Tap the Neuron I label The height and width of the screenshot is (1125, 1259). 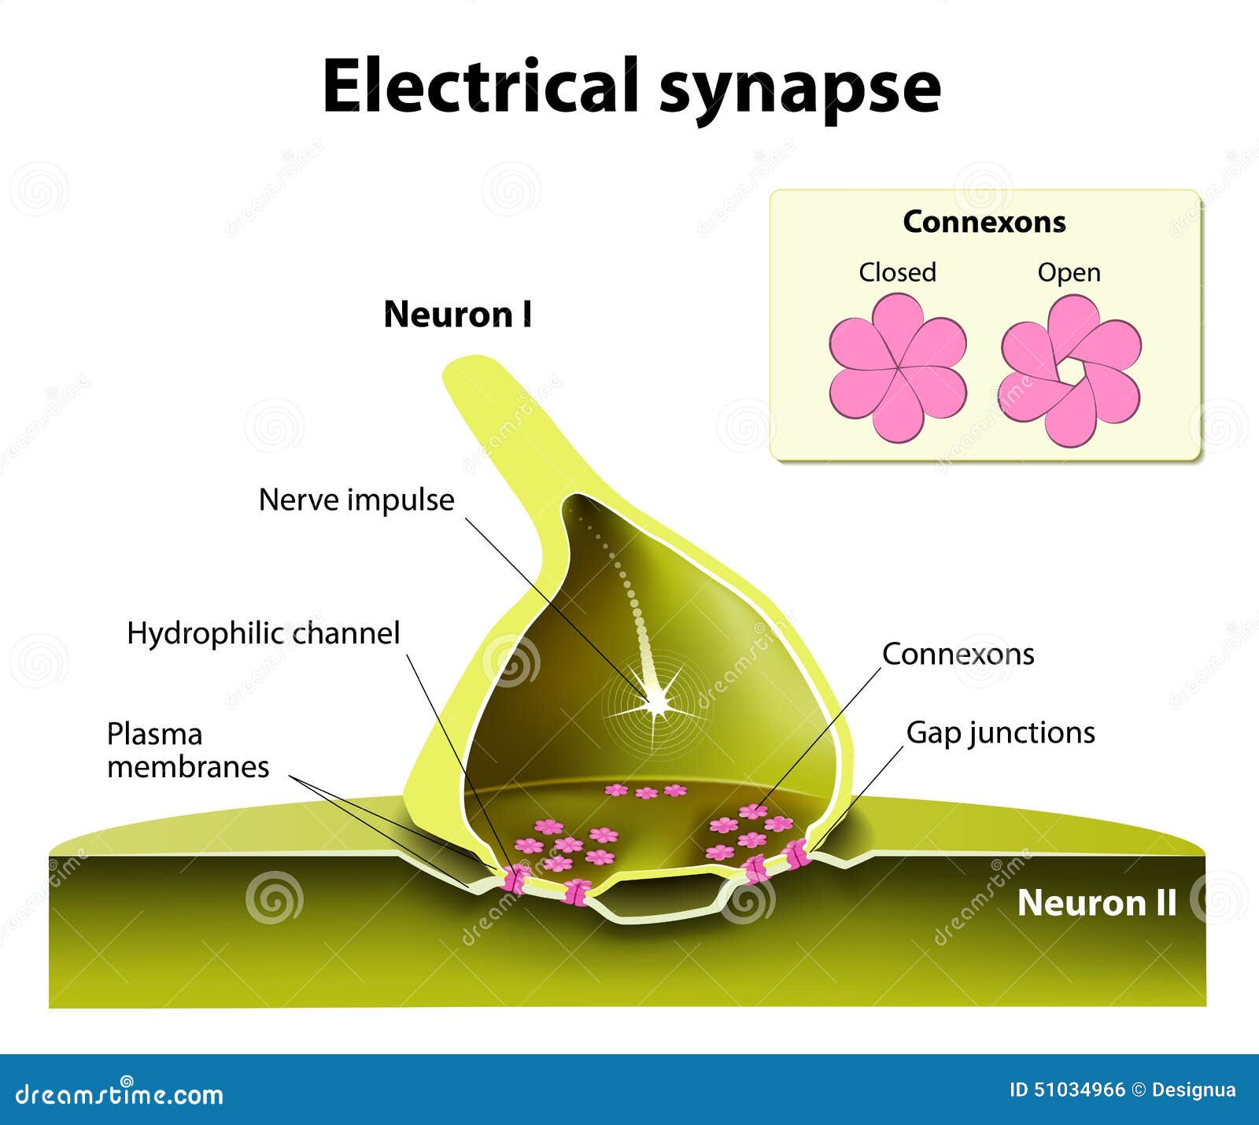pos(457,315)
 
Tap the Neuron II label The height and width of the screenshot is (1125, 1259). pos(1096,902)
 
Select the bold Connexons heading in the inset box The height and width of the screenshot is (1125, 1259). pos(984,222)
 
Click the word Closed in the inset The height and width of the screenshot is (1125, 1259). pos(897,272)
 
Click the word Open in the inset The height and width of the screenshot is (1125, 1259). pos(1069,272)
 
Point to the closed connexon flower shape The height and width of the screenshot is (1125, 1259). pos(898,367)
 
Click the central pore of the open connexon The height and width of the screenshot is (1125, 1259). pos(1071,370)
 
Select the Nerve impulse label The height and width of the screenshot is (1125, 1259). pos(356,500)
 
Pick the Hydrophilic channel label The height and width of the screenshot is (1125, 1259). pos(264,633)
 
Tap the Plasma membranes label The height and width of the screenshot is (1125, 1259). pos(187,750)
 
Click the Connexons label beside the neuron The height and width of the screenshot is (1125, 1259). pos(958,654)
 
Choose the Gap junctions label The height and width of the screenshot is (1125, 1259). pos(1000,732)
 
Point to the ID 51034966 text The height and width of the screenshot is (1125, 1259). pos(1067,1090)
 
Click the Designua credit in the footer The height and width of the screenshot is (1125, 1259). pos(1193,1090)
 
